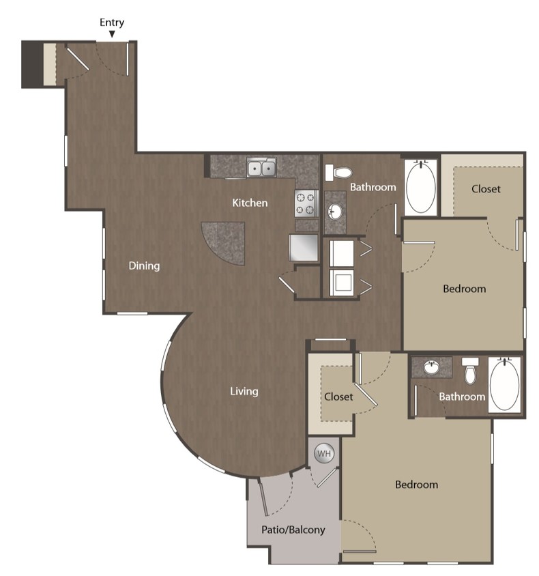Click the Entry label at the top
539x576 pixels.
point(112,23)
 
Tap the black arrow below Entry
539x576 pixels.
point(112,34)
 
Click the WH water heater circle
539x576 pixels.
point(324,453)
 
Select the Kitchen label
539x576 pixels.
point(250,203)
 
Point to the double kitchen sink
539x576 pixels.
point(261,167)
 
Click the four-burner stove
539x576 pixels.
point(306,203)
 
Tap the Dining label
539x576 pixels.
point(144,265)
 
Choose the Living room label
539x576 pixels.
point(244,391)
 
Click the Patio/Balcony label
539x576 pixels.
point(293,529)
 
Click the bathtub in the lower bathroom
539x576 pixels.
point(504,384)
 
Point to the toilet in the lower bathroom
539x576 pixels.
point(469,371)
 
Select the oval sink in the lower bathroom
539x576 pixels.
point(431,368)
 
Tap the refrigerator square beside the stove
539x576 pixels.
point(304,247)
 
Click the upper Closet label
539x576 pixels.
point(486,188)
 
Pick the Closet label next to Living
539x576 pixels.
point(338,396)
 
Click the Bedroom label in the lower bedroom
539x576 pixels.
point(416,485)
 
